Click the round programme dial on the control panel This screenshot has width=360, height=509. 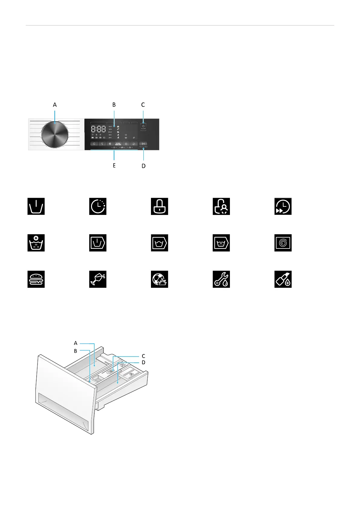[55, 135]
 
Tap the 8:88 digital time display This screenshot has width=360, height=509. [99, 129]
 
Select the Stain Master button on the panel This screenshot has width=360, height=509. [118, 144]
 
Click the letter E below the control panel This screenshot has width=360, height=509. [114, 166]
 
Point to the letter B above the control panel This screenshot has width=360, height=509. [114, 105]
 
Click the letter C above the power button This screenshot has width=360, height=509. [143, 105]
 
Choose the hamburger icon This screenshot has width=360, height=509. [36, 279]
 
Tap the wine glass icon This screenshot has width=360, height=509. [98, 279]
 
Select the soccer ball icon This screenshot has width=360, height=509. [159, 279]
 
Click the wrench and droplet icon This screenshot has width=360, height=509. [221, 279]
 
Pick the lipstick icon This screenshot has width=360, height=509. [283, 279]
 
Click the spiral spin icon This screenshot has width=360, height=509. [283, 243]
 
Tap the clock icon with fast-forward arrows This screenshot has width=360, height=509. [283, 206]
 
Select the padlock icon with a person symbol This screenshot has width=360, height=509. [221, 206]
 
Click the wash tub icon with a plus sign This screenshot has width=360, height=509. [36, 243]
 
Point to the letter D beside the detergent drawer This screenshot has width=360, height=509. [143, 362]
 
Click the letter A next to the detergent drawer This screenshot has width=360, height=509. [76, 343]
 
